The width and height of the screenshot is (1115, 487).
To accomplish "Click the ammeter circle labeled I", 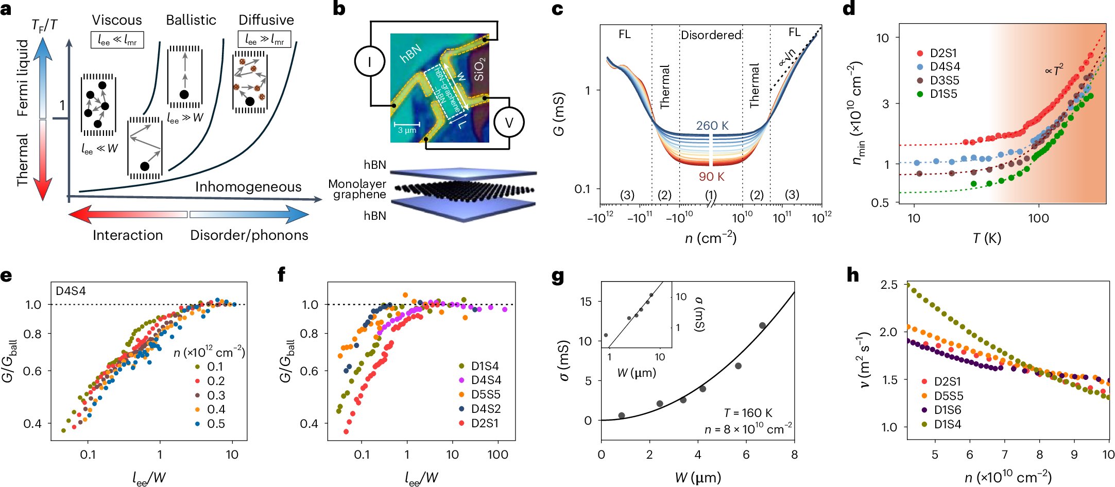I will click(369, 62).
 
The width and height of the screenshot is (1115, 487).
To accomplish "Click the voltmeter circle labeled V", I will click(508, 123).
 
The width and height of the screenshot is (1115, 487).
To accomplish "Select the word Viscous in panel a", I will click(117, 20).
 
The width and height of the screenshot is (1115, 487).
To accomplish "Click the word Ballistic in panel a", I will click(191, 20).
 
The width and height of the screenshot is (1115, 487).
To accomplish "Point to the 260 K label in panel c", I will click(712, 126).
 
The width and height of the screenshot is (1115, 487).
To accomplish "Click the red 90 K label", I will click(711, 177).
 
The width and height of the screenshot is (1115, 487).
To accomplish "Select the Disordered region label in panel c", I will click(711, 35).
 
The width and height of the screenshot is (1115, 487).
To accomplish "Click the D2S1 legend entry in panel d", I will click(943, 53).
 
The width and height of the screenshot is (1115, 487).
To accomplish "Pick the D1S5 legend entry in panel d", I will click(943, 94).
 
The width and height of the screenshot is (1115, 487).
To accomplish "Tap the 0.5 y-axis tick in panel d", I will click(880, 203).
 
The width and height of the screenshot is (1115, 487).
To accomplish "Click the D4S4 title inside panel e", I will click(71, 291).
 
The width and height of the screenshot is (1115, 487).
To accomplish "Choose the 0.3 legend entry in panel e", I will click(215, 395).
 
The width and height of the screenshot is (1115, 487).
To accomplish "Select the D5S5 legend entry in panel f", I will click(485, 394).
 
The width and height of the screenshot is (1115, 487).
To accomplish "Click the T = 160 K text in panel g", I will click(748, 413).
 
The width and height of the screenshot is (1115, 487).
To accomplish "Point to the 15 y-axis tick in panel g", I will click(586, 302).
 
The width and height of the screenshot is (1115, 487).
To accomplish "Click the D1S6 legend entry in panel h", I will click(947, 410).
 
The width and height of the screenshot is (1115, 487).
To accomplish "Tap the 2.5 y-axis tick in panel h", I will click(888, 285).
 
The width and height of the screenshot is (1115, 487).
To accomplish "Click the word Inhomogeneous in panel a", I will click(248, 187).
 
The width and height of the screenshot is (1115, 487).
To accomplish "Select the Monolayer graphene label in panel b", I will click(357, 189).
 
